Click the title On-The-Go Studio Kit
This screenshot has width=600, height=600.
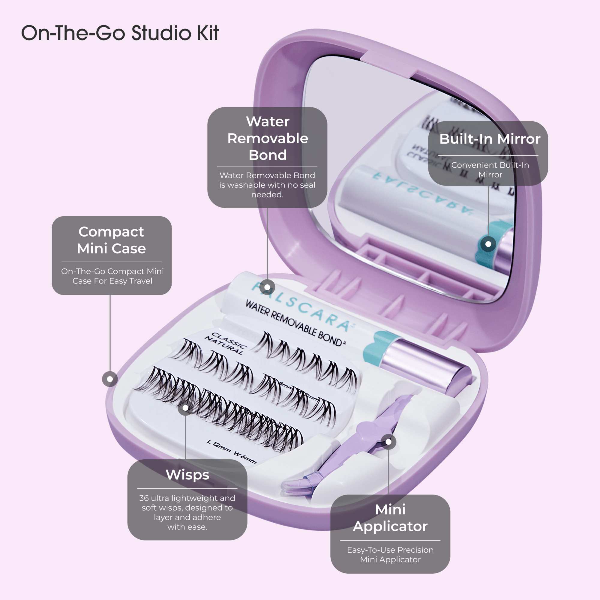(x=120, y=33)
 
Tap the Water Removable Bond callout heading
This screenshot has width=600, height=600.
(x=267, y=138)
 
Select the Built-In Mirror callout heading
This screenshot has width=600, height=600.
(x=490, y=139)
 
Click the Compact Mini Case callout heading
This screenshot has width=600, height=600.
(x=111, y=240)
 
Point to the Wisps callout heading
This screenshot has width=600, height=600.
(x=187, y=475)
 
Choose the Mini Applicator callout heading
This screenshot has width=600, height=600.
(x=390, y=518)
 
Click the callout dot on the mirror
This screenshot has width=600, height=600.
(x=488, y=244)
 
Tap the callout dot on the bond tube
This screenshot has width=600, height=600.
(x=267, y=287)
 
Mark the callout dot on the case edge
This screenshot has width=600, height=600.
(x=110, y=379)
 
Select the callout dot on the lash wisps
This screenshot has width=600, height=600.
(x=185, y=408)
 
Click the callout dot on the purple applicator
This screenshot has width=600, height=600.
(x=388, y=442)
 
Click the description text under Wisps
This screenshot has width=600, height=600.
(x=187, y=512)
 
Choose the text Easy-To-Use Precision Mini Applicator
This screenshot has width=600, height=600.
(x=390, y=555)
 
